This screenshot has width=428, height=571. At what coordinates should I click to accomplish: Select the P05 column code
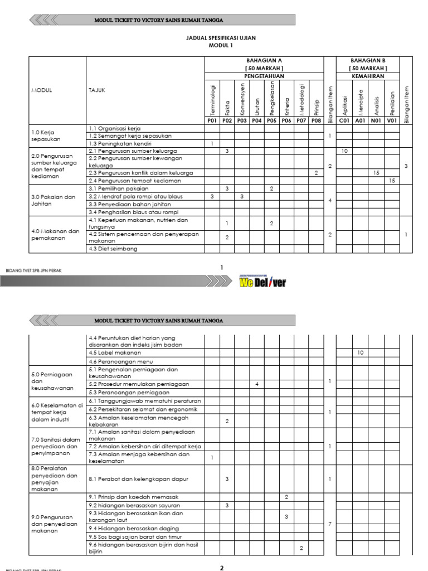(271, 120)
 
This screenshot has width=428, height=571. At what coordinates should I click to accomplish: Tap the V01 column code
(392, 120)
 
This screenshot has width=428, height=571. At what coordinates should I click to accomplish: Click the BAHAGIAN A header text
(264, 60)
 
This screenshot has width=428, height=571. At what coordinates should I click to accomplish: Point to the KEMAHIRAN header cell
(367, 75)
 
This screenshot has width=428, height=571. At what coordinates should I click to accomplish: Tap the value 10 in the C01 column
(344, 151)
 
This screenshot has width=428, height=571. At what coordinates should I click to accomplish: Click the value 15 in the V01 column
(392, 181)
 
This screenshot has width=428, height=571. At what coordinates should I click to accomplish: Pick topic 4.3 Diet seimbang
(113, 249)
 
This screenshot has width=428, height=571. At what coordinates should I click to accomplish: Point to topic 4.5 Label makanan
(115, 353)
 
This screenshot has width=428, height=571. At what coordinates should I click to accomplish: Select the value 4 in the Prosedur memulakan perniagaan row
(256, 384)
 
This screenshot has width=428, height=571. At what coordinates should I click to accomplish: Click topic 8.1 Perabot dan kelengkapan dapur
(138, 478)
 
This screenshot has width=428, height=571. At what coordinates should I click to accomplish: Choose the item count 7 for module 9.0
(330, 524)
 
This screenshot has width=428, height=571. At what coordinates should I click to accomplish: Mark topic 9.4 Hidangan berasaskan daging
(134, 529)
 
